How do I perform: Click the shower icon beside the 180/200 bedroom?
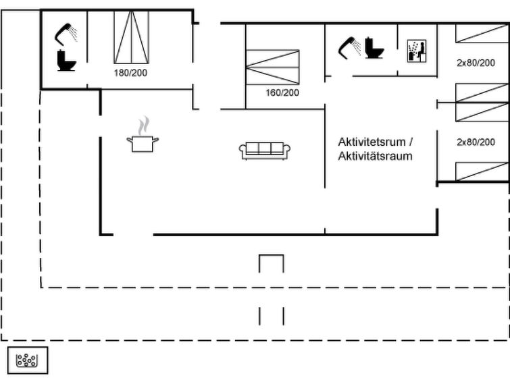[x=66, y=34]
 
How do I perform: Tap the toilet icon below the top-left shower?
[x=66, y=60]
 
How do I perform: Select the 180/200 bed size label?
[x=130, y=73]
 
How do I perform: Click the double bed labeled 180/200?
[x=132, y=37]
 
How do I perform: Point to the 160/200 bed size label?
[x=282, y=92]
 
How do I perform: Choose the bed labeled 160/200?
[x=273, y=67]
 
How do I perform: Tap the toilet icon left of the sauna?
[x=374, y=48]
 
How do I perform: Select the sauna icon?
[x=417, y=51]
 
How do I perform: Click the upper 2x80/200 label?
[x=476, y=63]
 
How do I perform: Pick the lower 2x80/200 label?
[x=476, y=142]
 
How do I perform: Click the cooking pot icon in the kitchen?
[x=143, y=143]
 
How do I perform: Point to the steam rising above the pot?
[x=143, y=125]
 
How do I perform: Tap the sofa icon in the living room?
[x=265, y=151]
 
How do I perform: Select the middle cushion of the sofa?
[x=265, y=148]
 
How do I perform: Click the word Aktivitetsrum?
[x=372, y=142]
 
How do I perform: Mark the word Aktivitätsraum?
[x=375, y=156]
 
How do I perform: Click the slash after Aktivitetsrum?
[x=411, y=142]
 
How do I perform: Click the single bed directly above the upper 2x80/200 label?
[x=482, y=33]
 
